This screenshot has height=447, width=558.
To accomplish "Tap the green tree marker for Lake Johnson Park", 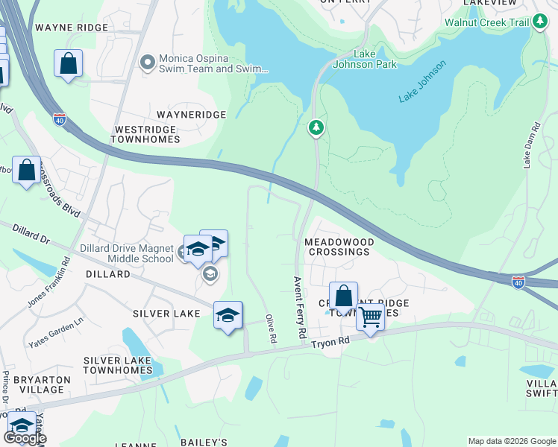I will click(x=317, y=129).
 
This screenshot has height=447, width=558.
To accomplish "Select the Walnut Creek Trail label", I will click(x=486, y=22).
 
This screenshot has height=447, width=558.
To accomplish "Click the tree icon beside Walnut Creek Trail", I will click(x=541, y=22).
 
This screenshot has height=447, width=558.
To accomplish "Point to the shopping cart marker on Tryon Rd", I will click(x=370, y=318).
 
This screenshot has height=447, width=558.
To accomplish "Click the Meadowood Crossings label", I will click(x=336, y=247).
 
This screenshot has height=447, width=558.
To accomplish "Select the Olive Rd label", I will click(x=272, y=329).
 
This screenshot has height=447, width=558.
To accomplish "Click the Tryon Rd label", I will click(x=330, y=341).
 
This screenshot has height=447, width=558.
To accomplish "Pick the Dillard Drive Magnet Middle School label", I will click(x=127, y=253).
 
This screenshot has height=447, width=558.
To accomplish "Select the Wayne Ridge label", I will click(x=71, y=28).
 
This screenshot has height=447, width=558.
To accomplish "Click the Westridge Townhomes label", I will click(x=145, y=134).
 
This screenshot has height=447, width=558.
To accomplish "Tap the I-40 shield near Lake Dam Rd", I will click(x=518, y=282).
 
